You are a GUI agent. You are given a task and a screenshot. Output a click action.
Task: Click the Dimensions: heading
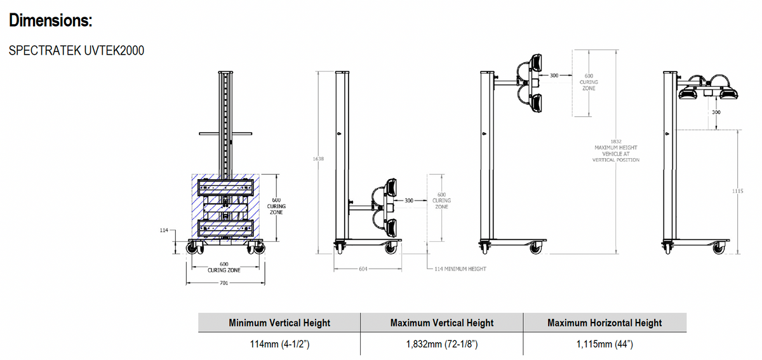point(51,20)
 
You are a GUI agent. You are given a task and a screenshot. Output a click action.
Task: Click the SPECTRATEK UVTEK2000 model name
point(77,51)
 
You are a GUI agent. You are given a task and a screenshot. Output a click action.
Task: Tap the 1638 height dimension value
point(319,159)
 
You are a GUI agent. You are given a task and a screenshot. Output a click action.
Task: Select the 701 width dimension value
point(224,283)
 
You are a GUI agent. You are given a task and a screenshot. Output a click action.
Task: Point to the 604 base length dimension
point(363,269)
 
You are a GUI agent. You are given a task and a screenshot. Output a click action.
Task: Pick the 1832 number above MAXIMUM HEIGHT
point(615,141)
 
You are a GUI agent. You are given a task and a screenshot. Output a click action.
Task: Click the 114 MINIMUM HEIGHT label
point(460,269)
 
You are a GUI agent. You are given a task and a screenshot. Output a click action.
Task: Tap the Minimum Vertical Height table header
point(279,323)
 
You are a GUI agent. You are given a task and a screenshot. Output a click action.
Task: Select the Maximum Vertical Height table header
point(441,323)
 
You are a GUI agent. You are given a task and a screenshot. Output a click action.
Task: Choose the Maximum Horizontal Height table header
point(605,323)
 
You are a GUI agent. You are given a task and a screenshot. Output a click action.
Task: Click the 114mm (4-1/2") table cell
point(279,344)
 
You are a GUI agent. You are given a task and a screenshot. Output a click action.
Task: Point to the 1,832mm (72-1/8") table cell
point(441,344)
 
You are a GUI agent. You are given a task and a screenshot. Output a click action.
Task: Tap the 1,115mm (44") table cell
point(605,344)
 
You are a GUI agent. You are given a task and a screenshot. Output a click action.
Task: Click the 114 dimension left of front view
point(163,230)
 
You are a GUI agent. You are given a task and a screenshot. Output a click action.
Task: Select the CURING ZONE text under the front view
point(224,270)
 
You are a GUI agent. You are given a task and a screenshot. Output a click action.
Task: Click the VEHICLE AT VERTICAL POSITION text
point(615,157)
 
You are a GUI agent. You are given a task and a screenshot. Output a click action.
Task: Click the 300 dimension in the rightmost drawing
point(716,112)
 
